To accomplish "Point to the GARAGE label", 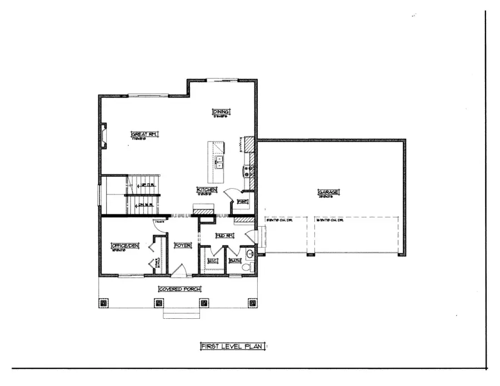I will point(329,192).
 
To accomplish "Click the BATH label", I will point(235,260).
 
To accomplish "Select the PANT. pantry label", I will point(242,201).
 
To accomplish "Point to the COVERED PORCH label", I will point(179,289).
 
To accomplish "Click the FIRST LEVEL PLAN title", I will point(232,346).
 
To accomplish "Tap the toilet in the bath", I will point(248,267).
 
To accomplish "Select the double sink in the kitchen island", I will point(219,162).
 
